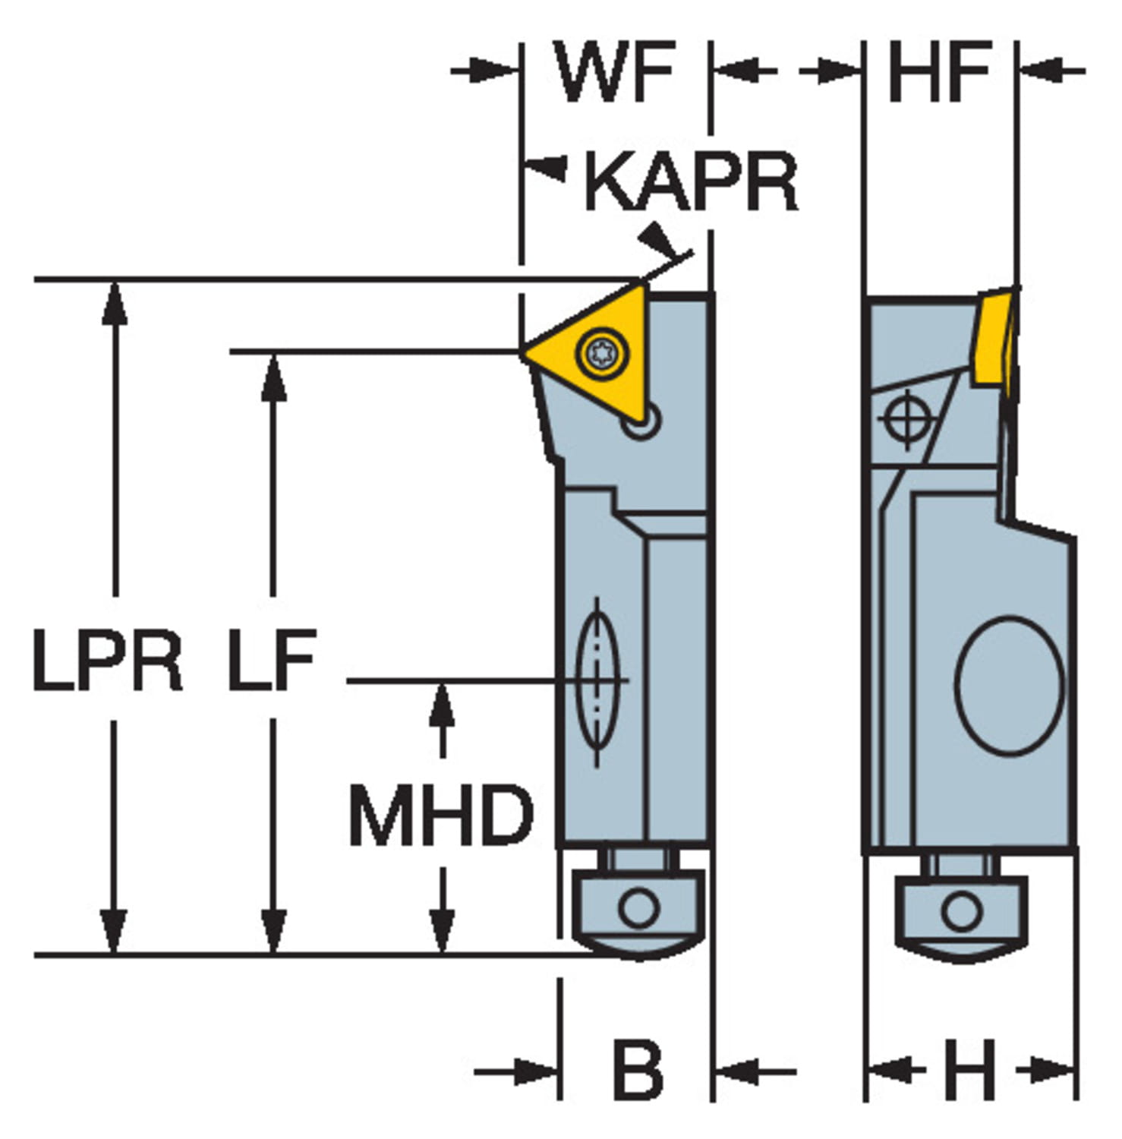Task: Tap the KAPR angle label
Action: tap(691, 182)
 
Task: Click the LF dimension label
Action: tap(272, 661)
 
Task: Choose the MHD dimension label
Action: tap(441, 816)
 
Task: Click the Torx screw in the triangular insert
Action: tap(602, 353)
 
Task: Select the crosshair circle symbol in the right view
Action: tap(906, 418)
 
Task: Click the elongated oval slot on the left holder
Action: tap(597, 680)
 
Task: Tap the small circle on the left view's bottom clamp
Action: tap(638, 908)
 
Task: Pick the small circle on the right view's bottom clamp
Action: tap(962, 910)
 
